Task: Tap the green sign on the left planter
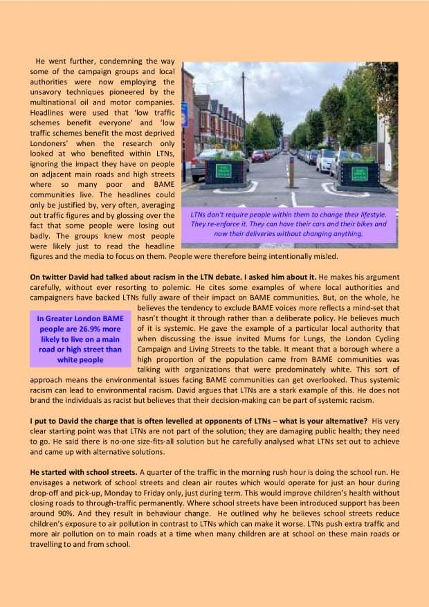click(223, 171)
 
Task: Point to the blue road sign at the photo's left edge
click(185, 114)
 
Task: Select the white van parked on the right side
click(327, 160)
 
